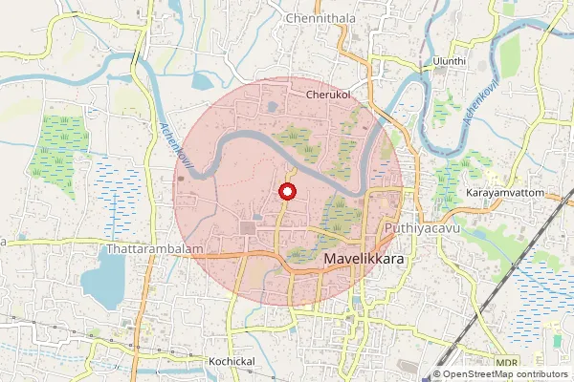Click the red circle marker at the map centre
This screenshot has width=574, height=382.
[x=287, y=192]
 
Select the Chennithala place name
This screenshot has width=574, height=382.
[x=320, y=18]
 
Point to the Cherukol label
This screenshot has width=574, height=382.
[x=330, y=95]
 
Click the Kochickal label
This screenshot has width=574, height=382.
[x=231, y=362]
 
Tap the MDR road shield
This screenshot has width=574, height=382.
[x=506, y=363]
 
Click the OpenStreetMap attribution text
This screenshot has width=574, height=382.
[x=505, y=374]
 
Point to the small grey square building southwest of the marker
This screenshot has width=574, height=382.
[x=250, y=227]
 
